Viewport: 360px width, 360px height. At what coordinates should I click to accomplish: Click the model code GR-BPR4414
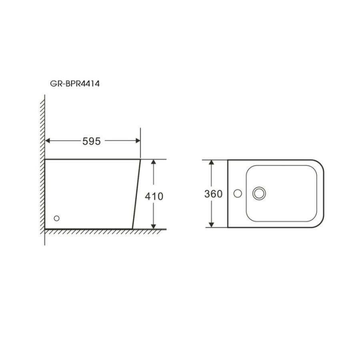75,84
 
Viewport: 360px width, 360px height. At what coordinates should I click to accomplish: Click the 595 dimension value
91,141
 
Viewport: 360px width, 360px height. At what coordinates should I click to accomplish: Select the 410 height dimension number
154,196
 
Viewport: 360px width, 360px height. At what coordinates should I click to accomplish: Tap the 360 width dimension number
213,194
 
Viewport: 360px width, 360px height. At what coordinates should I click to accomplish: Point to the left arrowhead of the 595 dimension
48,140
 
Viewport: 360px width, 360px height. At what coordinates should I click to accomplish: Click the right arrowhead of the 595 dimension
138,140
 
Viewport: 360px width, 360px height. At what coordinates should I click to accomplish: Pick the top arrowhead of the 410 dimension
154,162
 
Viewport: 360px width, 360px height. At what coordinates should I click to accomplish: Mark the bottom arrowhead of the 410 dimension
154,226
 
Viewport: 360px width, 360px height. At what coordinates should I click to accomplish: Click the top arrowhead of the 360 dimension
212,162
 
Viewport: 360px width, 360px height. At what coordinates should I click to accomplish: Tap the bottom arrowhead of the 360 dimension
212,225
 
